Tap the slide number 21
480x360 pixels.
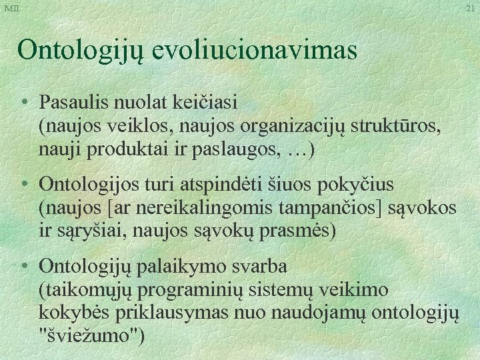click(470, 8)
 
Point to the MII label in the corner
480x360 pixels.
click(12, 7)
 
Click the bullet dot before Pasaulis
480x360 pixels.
click(25, 104)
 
